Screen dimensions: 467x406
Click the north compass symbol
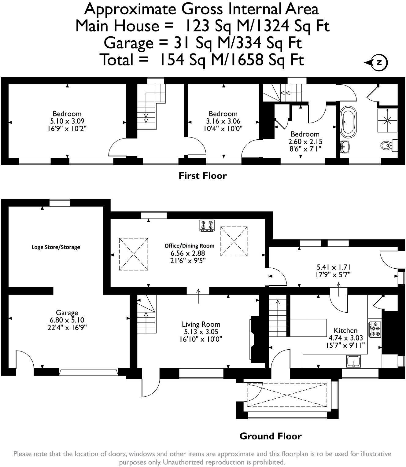(378, 62)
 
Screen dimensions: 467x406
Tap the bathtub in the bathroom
(347, 121)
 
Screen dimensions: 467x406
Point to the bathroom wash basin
(346, 146)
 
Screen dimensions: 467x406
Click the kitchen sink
(354, 362)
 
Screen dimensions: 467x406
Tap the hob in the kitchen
(375, 329)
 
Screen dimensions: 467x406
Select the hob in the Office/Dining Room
(207, 226)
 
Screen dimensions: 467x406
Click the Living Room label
(201, 324)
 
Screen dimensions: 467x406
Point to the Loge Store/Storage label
(56, 247)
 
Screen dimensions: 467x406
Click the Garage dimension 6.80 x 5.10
(67, 320)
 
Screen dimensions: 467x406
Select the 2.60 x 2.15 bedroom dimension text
(305, 142)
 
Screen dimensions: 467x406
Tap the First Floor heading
(202, 176)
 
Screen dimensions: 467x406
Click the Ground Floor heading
(270, 436)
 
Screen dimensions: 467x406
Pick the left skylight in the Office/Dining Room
(134, 254)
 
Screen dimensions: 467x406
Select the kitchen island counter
(308, 327)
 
